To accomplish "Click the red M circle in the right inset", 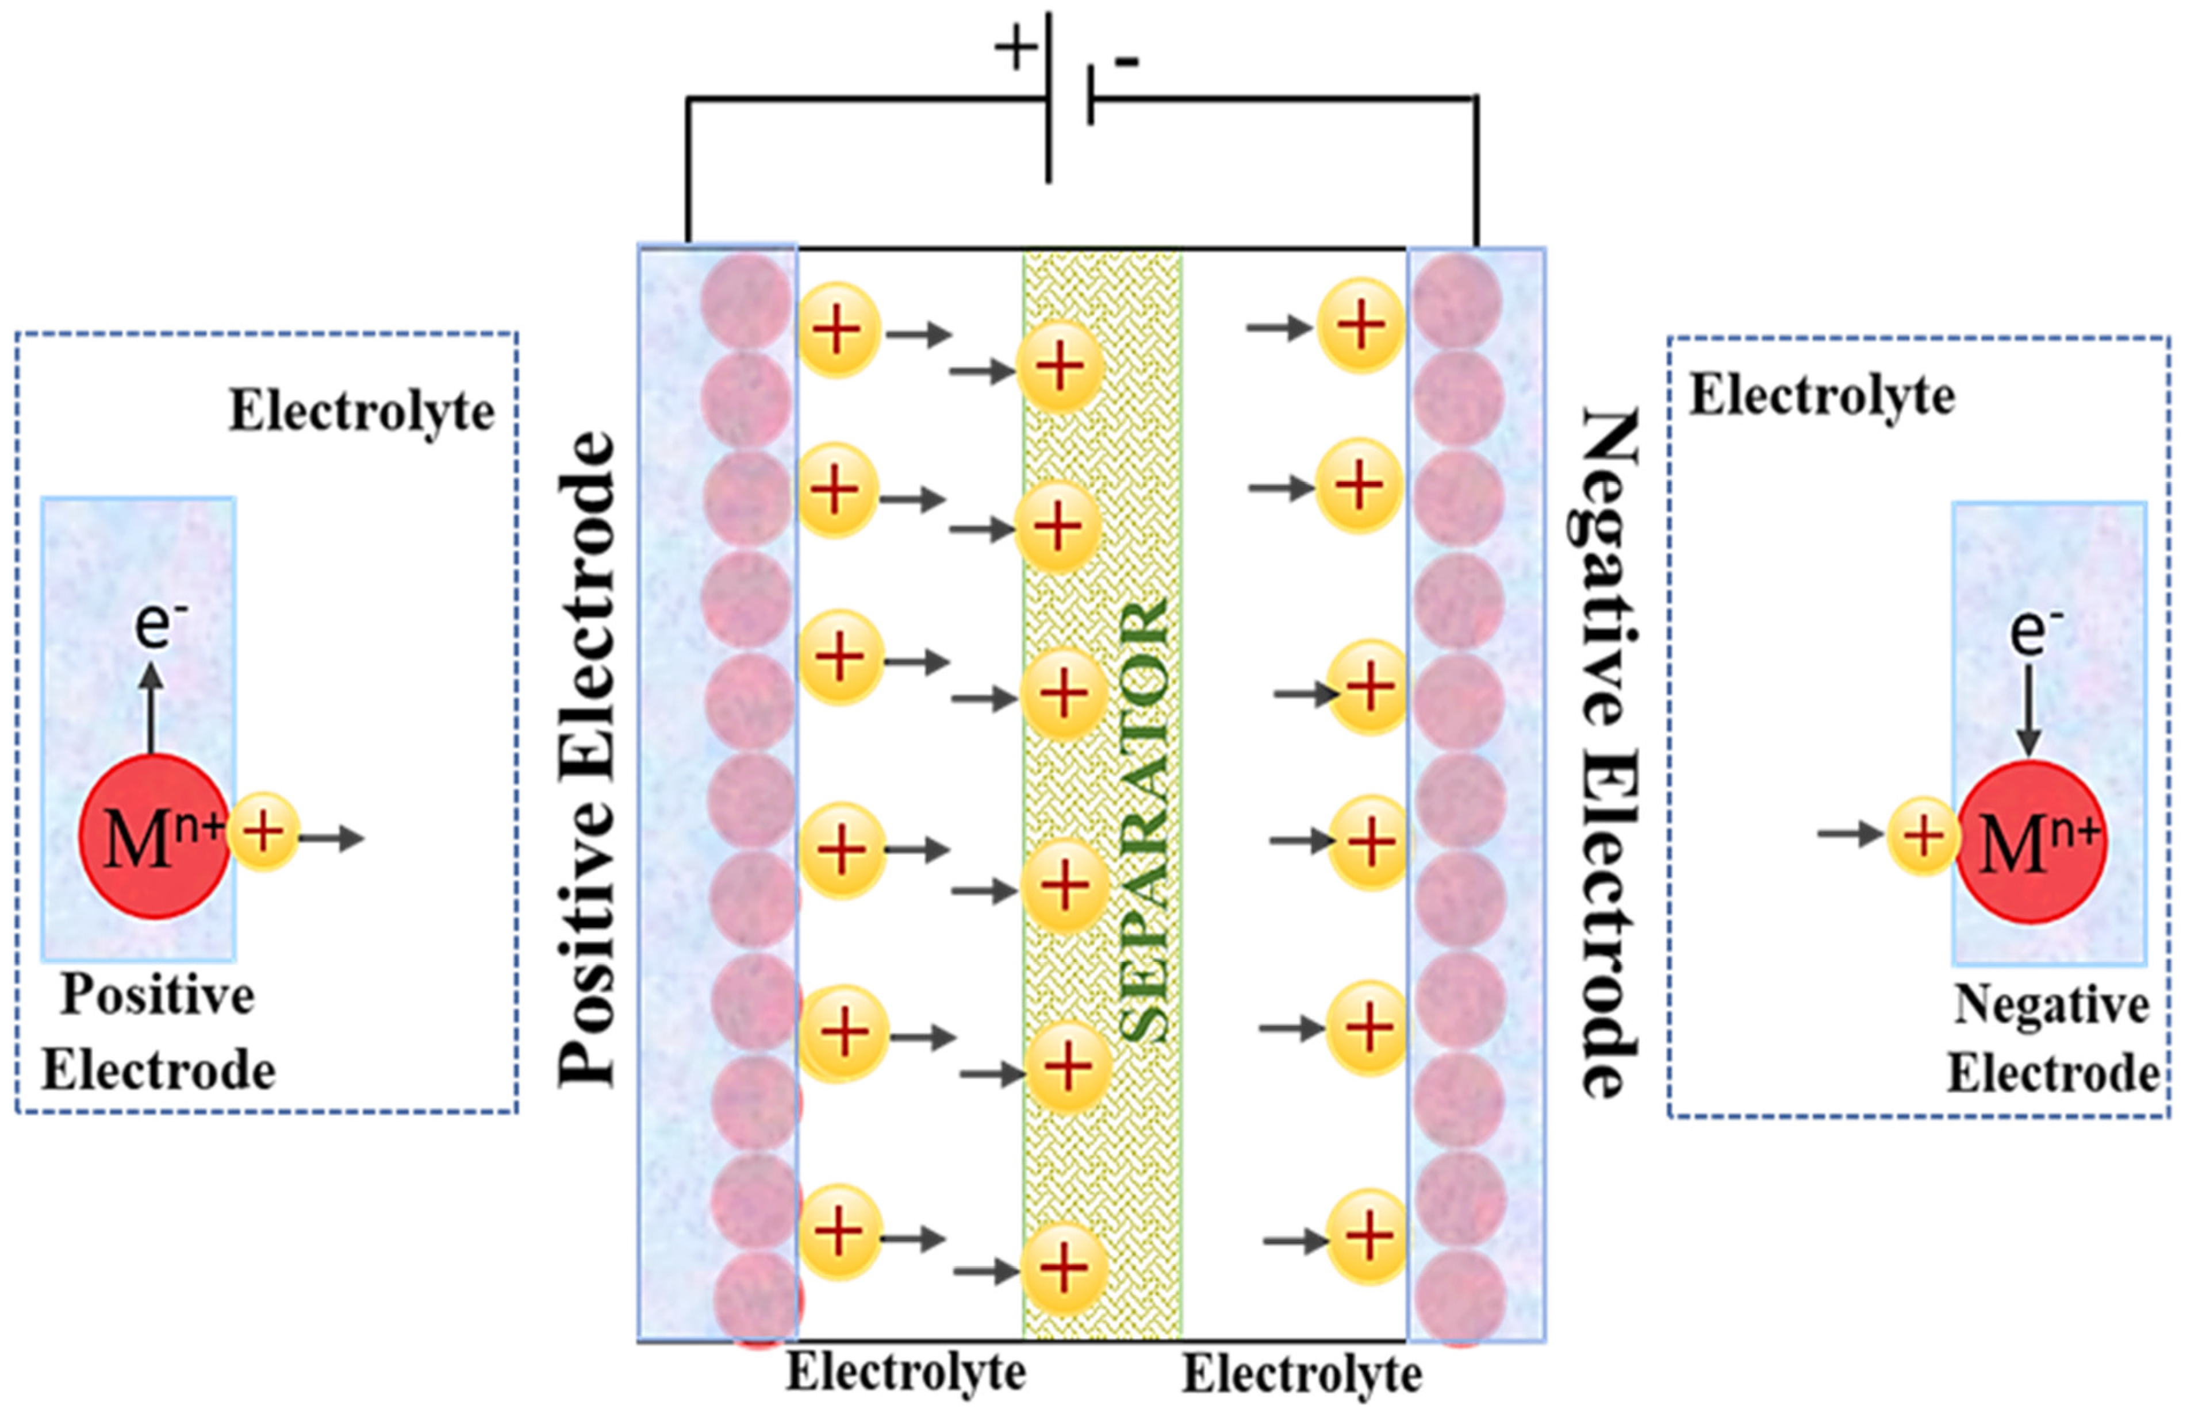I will (x=2030, y=842).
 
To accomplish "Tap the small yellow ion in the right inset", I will (x=1923, y=835).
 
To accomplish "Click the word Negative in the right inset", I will (x=2050, y=1005).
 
